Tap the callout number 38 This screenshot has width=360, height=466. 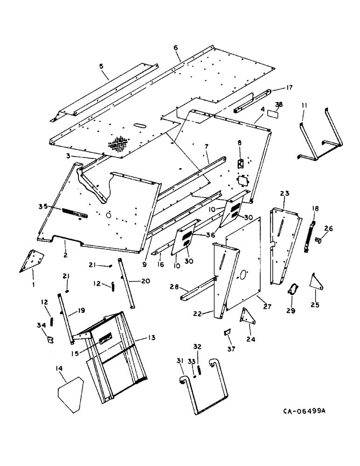tap(278, 105)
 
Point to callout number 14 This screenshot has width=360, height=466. tap(59, 368)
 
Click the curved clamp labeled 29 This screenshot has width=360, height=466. tap(294, 289)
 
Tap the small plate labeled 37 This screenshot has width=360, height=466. tap(228, 332)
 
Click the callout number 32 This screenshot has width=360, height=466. tap(198, 347)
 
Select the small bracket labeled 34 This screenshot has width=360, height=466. tap(49, 337)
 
